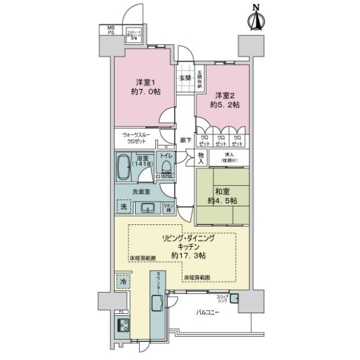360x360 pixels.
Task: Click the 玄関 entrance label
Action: point(184,77)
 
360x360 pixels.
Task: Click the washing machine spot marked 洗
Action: point(123,206)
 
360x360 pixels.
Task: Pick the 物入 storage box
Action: point(202,158)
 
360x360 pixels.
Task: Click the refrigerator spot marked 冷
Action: point(123,281)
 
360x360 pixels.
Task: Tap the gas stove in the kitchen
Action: point(124,327)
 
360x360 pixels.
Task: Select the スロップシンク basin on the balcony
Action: point(235,299)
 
